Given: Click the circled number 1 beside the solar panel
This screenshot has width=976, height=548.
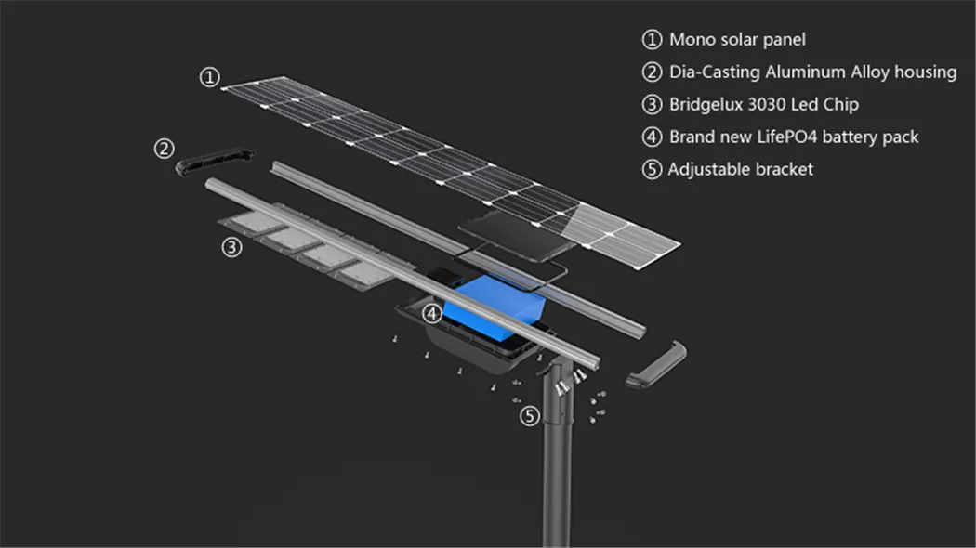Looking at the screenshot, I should click(210, 77).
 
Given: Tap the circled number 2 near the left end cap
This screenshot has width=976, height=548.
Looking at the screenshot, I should click(165, 148).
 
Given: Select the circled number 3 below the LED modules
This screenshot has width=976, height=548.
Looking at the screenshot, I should click(231, 247).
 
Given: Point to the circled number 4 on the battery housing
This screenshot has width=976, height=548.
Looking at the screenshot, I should click(431, 314).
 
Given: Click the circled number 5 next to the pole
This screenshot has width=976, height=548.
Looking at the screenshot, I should click(529, 416).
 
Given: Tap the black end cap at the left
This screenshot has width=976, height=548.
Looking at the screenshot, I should click(215, 163).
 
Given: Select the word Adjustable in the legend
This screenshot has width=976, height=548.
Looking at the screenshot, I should click(711, 169).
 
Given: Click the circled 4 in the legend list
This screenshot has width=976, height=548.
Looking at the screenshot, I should click(652, 137).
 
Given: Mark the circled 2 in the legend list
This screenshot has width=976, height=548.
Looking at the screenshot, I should click(652, 72).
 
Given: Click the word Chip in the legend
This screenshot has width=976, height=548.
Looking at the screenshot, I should click(840, 104).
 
